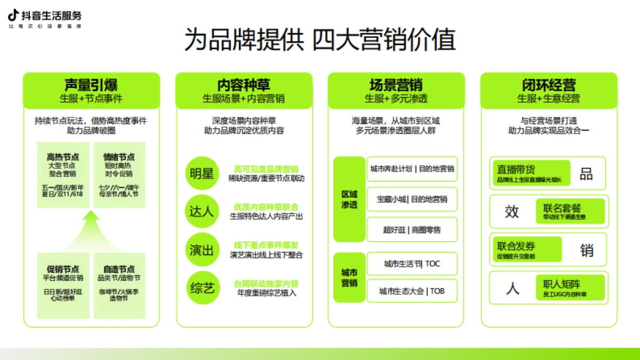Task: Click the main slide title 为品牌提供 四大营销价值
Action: (320, 41)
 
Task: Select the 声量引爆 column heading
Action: (91, 85)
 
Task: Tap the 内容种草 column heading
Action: (244, 85)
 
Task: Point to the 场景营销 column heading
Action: (396, 85)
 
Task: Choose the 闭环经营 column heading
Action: (549, 85)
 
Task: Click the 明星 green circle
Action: (202, 174)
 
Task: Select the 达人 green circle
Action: (202, 211)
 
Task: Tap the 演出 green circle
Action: (202, 250)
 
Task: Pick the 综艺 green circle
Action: (202, 288)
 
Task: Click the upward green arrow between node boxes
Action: (91, 229)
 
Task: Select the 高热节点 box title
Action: (63, 157)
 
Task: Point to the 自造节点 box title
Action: (119, 269)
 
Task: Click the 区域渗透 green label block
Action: (349, 199)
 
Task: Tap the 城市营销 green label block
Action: (349, 277)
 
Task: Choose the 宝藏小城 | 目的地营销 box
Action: (412, 199)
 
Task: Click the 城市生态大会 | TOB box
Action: (412, 291)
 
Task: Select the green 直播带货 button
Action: (531, 173)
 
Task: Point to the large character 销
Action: (587, 250)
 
